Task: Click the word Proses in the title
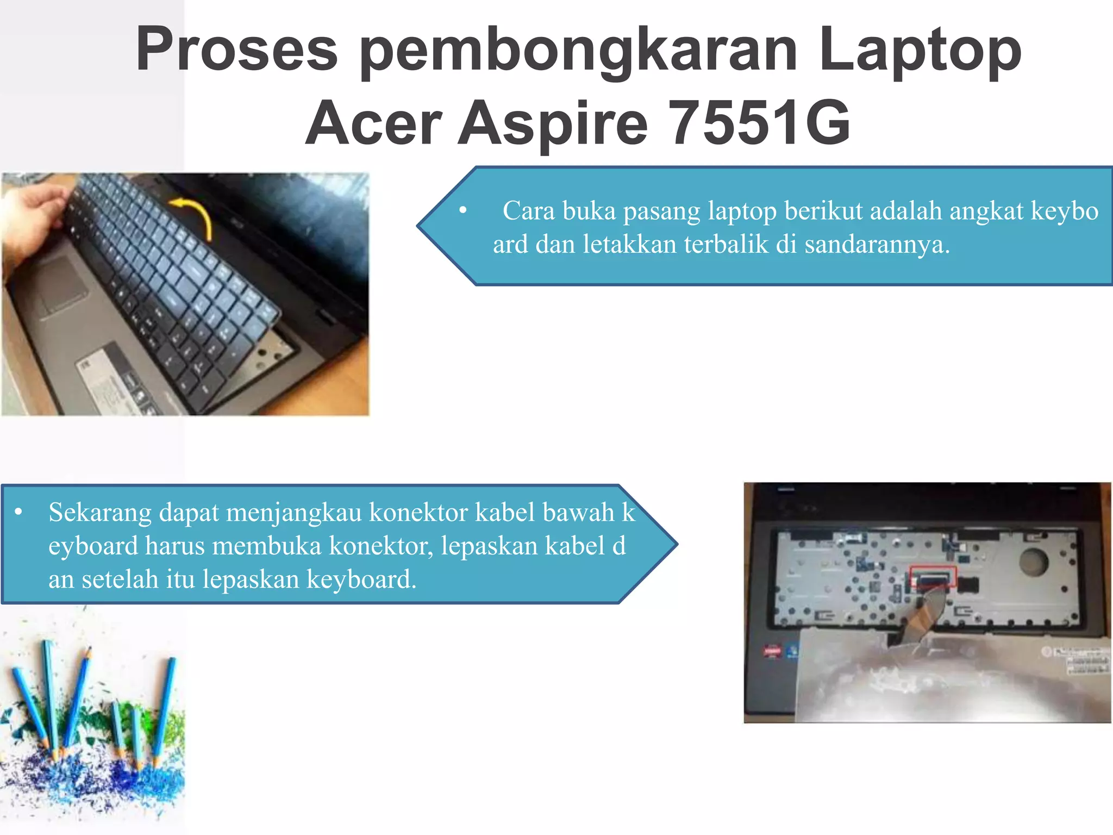tap(236, 50)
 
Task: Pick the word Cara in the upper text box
tap(528, 211)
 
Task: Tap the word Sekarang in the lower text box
tap(99, 513)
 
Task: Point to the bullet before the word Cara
tap(463, 211)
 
